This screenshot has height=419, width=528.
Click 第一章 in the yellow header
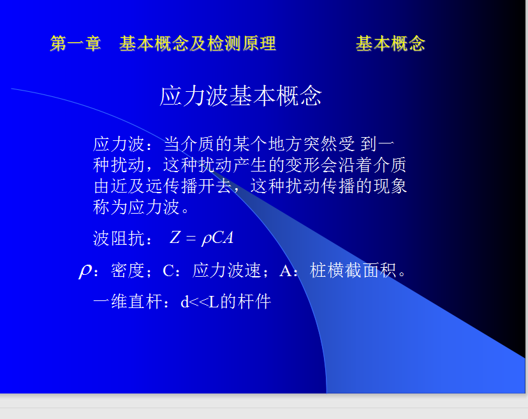coord(75,43)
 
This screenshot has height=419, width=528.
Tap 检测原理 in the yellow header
coord(242,43)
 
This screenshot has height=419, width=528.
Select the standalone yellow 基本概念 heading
coord(390,43)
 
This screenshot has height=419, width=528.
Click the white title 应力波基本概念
coord(241,96)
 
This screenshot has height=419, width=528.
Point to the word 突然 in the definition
coord(320,144)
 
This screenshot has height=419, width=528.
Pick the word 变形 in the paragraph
coord(302,165)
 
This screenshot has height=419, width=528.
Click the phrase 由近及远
coord(128,186)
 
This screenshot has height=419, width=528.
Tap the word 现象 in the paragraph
coord(390,186)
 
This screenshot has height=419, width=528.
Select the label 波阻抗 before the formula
coord(119,239)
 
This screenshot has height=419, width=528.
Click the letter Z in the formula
coord(175,237)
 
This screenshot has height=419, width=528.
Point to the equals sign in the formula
coord(191,238)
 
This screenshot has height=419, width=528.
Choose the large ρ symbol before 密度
coord(85,270)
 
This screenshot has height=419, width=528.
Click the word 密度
coord(128,270)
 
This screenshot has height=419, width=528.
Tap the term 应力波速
coord(226,270)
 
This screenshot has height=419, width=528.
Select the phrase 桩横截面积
coord(353,270)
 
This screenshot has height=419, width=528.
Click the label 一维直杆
coord(128,302)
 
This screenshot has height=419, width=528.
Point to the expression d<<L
coord(200,302)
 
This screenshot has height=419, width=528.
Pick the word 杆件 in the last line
coord(254,302)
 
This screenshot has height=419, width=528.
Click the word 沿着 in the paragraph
coord(355,165)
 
